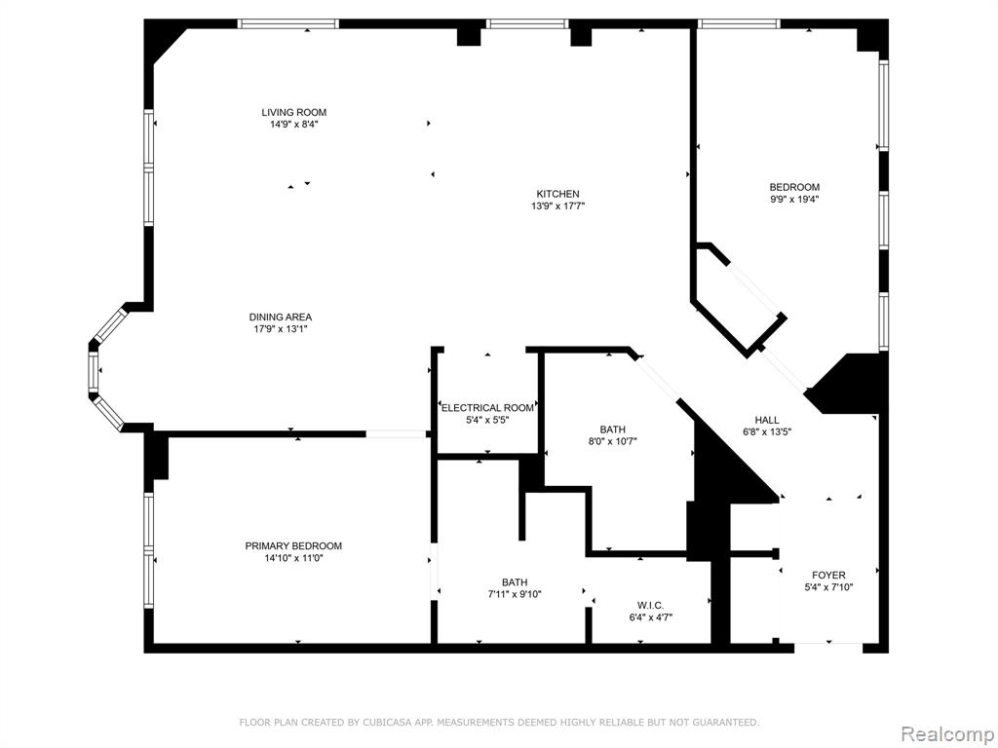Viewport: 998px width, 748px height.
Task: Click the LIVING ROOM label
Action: pyautogui.click(x=294, y=113)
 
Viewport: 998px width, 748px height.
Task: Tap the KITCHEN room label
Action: pyautogui.click(x=557, y=194)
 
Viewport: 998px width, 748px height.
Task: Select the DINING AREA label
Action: pyautogui.click(x=281, y=317)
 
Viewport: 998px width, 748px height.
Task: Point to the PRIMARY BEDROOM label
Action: pyautogui.click(x=293, y=545)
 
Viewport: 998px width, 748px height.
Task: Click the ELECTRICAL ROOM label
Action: pyautogui.click(x=487, y=408)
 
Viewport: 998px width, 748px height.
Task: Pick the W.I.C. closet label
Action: pyautogui.click(x=650, y=606)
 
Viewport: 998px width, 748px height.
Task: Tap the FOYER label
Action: pyautogui.click(x=828, y=575)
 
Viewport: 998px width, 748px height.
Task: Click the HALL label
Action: pyautogui.click(x=767, y=420)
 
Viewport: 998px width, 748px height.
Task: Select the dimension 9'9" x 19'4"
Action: pyautogui.click(x=794, y=199)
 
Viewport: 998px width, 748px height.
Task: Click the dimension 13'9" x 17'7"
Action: pyautogui.click(x=557, y=206)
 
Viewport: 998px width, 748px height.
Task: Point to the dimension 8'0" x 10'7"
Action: pyautogui.click(x=612, y=441)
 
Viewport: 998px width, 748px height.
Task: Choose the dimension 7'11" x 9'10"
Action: pyautogui.click(x=515, y=594)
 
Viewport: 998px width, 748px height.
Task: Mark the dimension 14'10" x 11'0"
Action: pyautogui.click(x=293, y=558)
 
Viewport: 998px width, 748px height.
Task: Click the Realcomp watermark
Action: pyautogui.click(x=946, y=734)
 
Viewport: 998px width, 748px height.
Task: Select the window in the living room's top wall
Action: pyautogui.click(x=288, y=24)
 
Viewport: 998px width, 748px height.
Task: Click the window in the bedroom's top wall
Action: pyautogui.click(x=739, y=24)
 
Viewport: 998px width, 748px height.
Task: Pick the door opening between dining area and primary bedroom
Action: pyautogui.click(x=396, y=434)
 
